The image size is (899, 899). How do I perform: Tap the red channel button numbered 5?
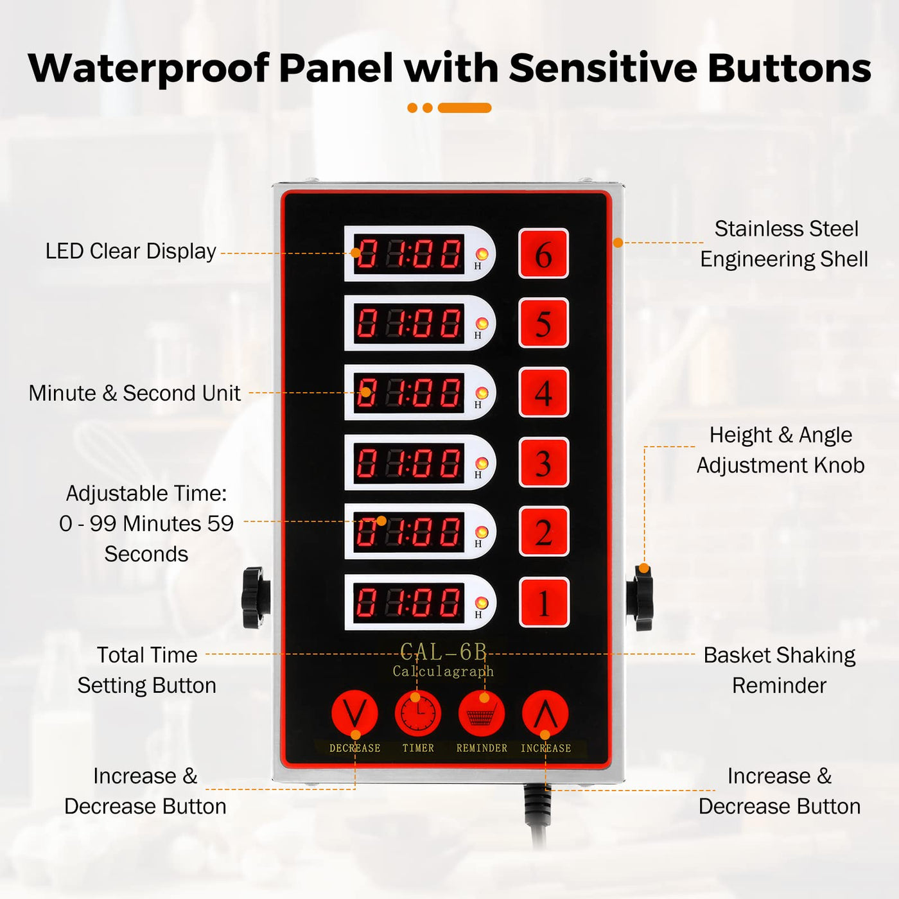click(543, 323)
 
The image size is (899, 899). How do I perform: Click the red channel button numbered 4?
click(543, 392)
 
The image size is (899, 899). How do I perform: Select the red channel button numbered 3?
click(543, 462)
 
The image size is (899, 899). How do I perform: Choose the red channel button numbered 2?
click(543, 532)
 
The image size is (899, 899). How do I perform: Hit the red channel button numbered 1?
click(544, 602)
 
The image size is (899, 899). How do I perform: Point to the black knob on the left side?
click(256, 598)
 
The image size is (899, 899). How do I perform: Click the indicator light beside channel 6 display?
click(482, 254)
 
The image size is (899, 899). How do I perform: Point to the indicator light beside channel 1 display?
click(482, 603)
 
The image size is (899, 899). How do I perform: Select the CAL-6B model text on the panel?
click(443, 652)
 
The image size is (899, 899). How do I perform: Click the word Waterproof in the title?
click(148, 68)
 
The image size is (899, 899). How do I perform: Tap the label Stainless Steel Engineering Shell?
click(784, 244)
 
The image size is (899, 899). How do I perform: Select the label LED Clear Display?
click(130, 252)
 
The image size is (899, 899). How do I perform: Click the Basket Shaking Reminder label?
click(780, 670)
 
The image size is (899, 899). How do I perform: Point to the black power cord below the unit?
click(536, 816)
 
